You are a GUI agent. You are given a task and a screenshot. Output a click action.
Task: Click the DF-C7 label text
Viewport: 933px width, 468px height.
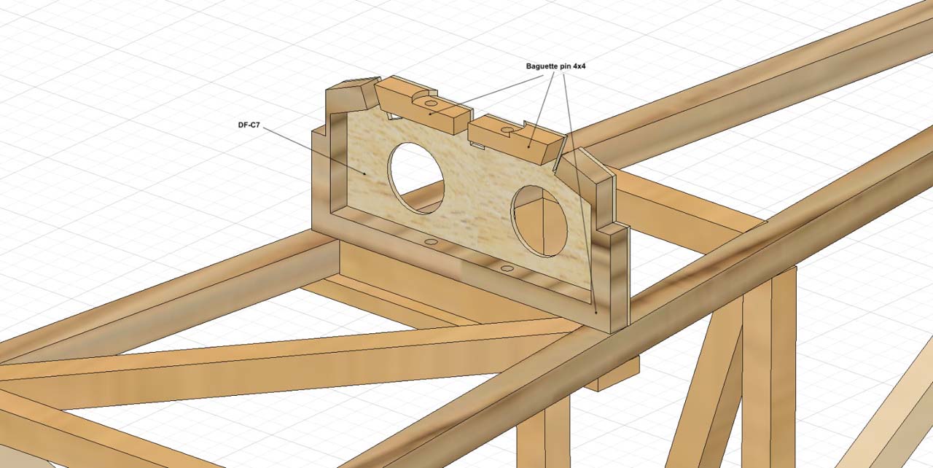[249, 125]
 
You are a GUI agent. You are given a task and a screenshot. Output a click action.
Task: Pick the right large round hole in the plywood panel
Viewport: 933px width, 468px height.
[539, 220]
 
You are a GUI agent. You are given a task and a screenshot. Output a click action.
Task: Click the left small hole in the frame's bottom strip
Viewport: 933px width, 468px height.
[431, 241]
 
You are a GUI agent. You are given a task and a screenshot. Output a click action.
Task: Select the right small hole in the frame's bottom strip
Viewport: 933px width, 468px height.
[508, 269]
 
